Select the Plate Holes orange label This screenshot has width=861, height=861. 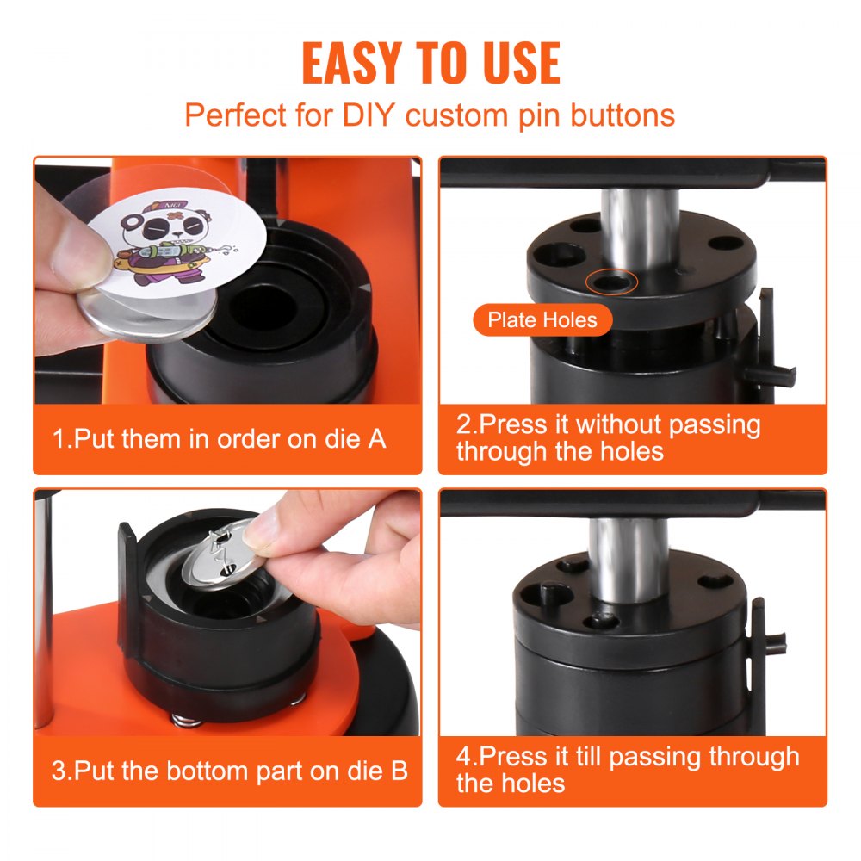click(542, 320)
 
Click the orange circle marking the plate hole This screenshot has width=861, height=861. click(612, 281)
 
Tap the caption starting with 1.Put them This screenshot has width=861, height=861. click(220, 438)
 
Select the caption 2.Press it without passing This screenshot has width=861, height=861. click(608, 437)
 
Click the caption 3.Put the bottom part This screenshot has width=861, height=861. click(229, 770)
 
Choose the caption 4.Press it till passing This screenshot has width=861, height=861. click(628, 769)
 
